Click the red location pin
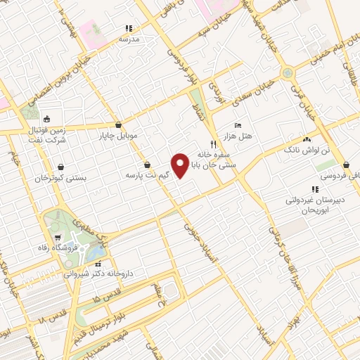click(179, 165)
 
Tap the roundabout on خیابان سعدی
click(287, 72)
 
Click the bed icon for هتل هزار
click(238, 124)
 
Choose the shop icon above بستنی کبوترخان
click(62, 167)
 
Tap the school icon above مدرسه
click(129, 29)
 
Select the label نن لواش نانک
click(302, 150)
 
